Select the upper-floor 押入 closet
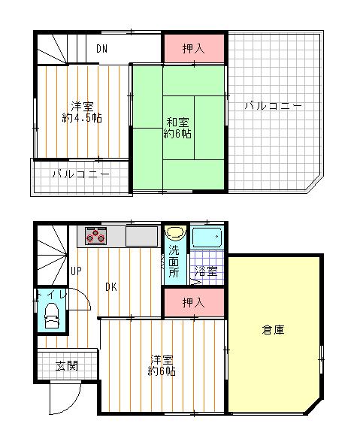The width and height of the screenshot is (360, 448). point(194,50)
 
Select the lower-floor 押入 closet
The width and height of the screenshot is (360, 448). point(194,302)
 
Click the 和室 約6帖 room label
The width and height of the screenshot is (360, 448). point(177,128)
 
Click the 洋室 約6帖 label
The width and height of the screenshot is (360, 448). point(162,365)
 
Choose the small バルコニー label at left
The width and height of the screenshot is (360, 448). point(80,174)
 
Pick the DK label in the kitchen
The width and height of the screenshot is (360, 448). point(110,286)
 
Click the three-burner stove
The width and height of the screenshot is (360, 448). point(96,236)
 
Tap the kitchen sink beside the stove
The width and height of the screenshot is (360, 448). point(141,237)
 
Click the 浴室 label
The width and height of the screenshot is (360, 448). point(206,271)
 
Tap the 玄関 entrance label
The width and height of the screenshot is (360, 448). point(65,366)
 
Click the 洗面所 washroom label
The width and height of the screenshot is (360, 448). point(174,261)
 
